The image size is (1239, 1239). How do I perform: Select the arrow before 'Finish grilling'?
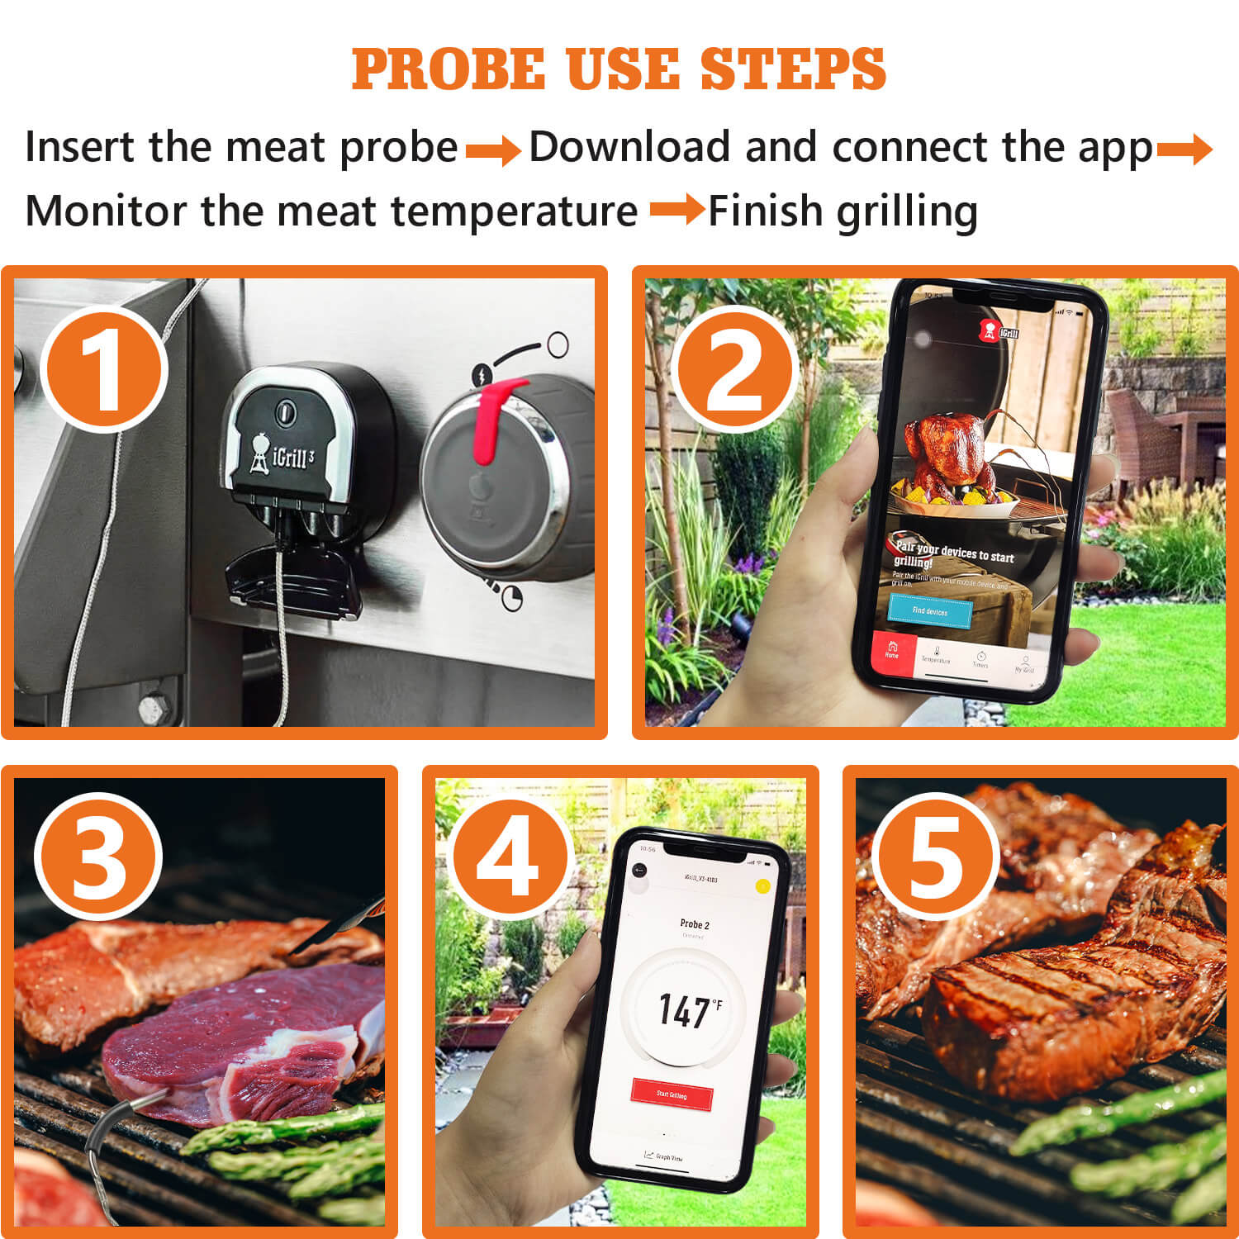[676, 210]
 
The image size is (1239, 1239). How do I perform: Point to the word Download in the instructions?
[629, 147]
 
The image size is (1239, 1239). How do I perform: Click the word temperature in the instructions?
[514, 211]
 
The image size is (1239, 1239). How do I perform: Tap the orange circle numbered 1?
[104, 368]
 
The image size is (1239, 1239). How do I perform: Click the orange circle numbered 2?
[734, 368]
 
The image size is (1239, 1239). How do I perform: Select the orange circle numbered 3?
[98, 857]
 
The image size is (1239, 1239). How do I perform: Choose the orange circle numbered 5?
[935, 857]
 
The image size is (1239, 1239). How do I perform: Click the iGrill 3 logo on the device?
[283, 455]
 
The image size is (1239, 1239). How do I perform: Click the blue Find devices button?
[930, 611]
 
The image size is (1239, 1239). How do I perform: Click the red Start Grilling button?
[672, 1094]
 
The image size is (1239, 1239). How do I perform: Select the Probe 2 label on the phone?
[694, 924]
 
